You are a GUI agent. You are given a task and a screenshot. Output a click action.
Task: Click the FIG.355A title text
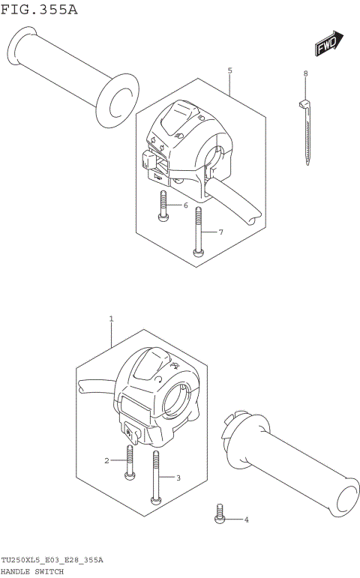[x=39, y=10]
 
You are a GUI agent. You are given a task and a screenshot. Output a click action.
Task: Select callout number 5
[x=229, y=70]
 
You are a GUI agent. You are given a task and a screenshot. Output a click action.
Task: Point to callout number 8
[x=305, y=73]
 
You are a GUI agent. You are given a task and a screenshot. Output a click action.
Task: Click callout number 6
[x=185, y=205]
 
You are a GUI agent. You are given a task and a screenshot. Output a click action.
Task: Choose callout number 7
[x=221, y=232]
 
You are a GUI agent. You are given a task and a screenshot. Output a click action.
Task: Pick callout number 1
[x=111, y=319]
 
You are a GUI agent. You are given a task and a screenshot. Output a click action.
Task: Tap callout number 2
[x=107, y=460]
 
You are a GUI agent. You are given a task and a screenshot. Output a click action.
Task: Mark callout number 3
[x=178, y=478]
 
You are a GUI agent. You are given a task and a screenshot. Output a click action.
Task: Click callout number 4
[x=246, y=520]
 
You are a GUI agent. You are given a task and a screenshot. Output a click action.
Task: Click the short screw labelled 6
[x=163, y=206]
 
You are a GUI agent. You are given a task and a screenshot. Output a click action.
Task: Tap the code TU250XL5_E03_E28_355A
[x=52, y=561]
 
